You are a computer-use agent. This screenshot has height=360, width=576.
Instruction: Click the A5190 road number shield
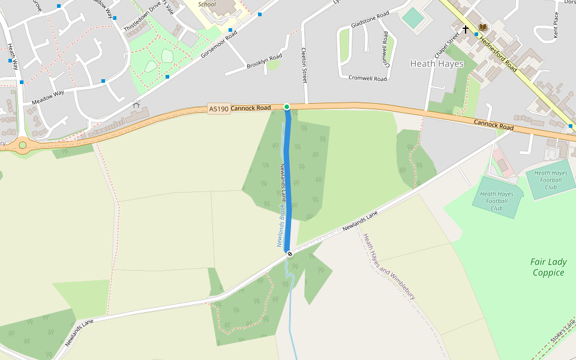(218, 109)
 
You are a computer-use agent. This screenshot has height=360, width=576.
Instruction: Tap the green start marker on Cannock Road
(287, 107)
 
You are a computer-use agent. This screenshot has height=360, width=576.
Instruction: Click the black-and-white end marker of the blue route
(290, 254)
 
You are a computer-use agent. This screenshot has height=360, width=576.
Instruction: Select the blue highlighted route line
(288, 180)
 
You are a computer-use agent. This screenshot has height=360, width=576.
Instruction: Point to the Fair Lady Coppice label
(548, 267)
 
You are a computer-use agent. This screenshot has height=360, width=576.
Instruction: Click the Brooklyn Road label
(264, 61)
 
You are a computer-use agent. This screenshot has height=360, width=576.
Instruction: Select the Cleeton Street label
(304, 65)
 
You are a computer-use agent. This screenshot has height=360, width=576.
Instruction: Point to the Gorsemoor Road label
(219, 44)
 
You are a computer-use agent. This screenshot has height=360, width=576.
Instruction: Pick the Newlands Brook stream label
(280, 226)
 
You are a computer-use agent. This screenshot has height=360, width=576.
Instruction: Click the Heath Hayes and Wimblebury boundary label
(389, 267)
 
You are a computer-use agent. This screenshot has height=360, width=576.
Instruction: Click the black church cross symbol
(466, 29)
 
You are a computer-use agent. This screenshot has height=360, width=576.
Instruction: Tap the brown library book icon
(482, 28)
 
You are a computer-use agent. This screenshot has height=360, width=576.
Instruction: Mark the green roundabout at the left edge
(23, 145)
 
